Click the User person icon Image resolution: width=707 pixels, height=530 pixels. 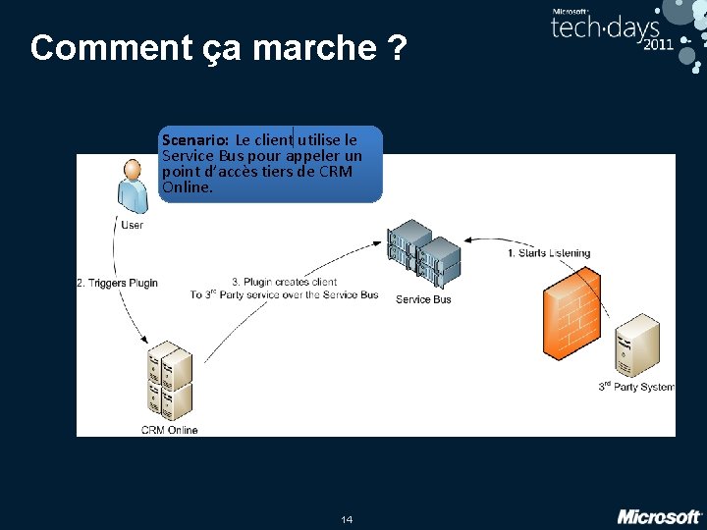pos(132,186)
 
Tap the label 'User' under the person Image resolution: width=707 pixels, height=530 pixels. pos(132,225)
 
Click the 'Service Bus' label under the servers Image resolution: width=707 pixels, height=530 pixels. pos(423,299)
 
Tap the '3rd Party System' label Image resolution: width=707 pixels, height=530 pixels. pos(636,387)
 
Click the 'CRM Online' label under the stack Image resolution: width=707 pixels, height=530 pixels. pos(169,430)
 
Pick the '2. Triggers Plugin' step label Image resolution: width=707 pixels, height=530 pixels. pos(117,284)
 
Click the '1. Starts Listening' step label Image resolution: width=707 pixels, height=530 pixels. pos(549,253)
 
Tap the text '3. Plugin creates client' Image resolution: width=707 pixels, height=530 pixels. pos(284,282)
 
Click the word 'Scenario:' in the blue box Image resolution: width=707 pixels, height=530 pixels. pos(195,139)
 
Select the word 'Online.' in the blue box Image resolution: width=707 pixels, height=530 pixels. pos(188,186)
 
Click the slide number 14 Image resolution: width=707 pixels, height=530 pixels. pos(347,518)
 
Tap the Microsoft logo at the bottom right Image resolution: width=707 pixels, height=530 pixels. pos(659,516)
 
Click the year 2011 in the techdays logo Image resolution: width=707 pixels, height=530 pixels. pos(658,44)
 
